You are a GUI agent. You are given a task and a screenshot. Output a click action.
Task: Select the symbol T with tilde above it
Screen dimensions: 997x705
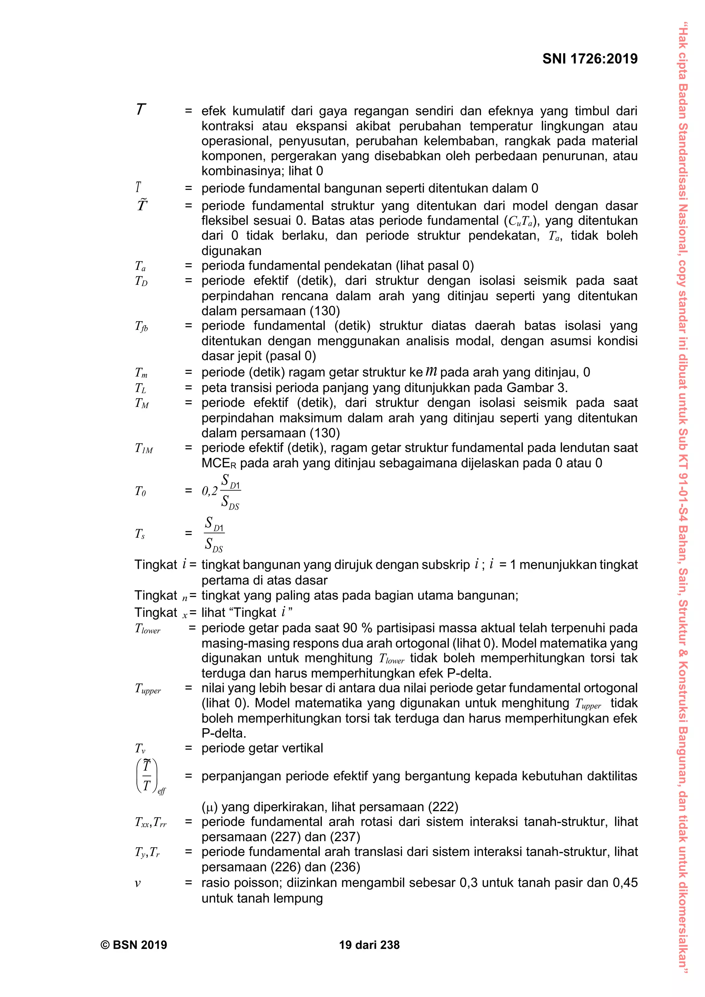click(x=141, y=204)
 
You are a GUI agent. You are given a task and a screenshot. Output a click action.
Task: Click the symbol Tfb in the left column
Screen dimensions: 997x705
click(x=141, y=327)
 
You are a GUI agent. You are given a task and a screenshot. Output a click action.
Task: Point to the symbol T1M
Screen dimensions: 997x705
click(x=144, y=449)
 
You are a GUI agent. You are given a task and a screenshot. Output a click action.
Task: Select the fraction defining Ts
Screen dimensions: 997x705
click(x=214, y=534)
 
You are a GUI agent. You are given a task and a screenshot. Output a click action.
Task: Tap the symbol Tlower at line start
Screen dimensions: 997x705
click(x=148, y=629)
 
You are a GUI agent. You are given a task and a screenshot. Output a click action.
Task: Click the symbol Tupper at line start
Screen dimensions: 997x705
click(x=148, y=689)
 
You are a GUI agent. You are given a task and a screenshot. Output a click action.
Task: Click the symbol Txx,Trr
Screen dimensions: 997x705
click(x=151, y=822)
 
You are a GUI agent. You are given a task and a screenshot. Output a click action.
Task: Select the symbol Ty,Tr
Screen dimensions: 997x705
click(x=147, y=853)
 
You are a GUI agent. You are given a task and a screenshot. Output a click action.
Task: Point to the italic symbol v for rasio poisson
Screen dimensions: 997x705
click(x=138, y=883)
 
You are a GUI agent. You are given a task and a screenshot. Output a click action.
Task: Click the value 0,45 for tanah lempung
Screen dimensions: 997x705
click(x=625, y=882)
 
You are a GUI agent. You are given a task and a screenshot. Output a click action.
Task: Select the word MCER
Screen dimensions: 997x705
click(x=219, y=463)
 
